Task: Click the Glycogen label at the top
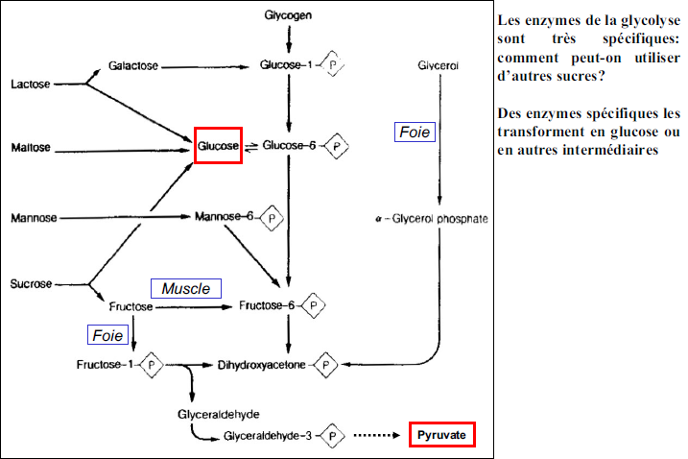(x=290, y=16)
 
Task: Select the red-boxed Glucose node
(x=218, y=146)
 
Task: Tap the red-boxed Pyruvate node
(x=442, y=435)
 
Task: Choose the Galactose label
(x=132, y=66)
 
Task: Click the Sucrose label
(x=31, y=284)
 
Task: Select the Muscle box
(x=186, y=288)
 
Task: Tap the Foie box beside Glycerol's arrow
(x=415, y=133)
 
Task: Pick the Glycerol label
(x=439, y=65)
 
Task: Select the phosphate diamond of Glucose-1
(x=333, y=65)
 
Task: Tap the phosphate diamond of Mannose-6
(x=272, y=217)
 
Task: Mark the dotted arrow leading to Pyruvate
(x=377, y=435)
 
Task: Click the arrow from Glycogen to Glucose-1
(x=290, y=39)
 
